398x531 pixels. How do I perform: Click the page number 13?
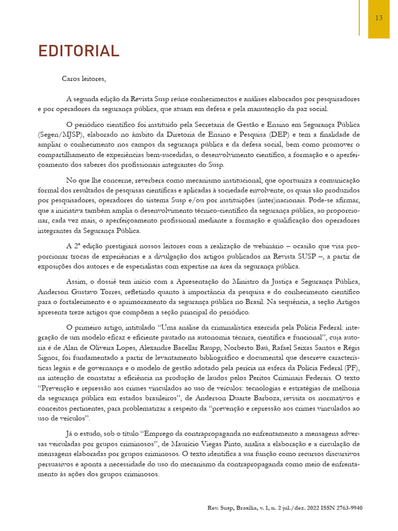(x=378, y=18)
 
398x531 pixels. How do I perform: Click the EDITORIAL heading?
(x=79, y=51)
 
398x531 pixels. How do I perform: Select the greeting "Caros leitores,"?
(x=83, y=79)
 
